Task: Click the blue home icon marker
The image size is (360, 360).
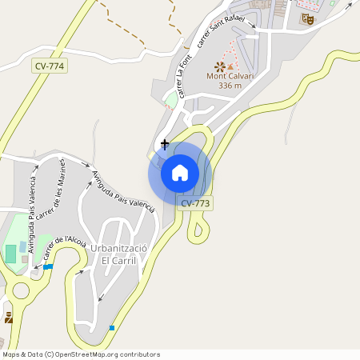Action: [x=180, y=173]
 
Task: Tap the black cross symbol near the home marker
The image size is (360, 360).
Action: [x=165, y=144]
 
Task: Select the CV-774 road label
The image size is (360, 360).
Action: [x=50, y=66]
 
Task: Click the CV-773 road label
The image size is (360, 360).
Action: [x=195, y=203]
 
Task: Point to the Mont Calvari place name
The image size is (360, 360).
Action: [x=230, y=76]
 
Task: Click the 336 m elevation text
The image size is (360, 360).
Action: [x=230, y=86]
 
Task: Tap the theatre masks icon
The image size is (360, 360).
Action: [x=307, y=18]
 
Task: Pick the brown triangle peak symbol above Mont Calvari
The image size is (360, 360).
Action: [x=231, y=66]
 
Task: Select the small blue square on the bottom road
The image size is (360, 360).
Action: [x=111, y=328]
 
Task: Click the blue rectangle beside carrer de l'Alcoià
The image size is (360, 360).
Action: [x=49, y=266]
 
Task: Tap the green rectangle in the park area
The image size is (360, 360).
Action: [x=10, y=254]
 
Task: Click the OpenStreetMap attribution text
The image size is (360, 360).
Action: [x=81, y=354]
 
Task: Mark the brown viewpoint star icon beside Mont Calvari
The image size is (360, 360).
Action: [x=219, y=66]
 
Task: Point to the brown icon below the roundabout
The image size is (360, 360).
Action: [x=9, y=318]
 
